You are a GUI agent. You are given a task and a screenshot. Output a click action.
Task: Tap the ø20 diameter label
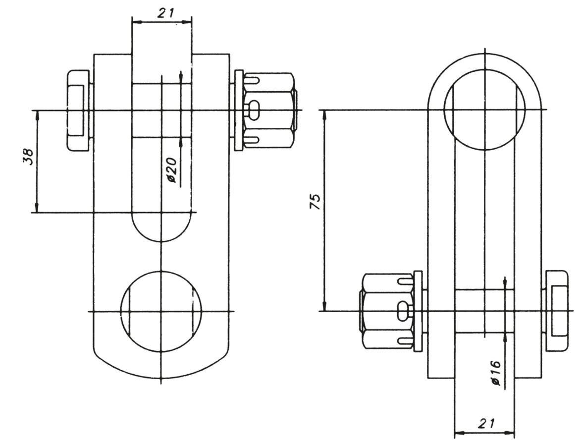pyautogui.click(x=172, y=171)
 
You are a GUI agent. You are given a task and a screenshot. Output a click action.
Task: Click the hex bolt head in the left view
pyautogui.click(x=78, y=111)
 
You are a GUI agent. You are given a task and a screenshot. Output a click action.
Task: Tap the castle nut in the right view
pyautogui.click(x=386, y=311)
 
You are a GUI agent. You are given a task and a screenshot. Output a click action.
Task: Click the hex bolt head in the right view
pyautogui.click(x=557, y=311)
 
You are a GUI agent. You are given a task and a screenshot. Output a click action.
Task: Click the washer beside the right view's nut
pyautogui.click(x=418, y=311)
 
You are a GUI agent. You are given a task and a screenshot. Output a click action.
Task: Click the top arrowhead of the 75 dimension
pyautogui.click(x=325, y=114)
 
